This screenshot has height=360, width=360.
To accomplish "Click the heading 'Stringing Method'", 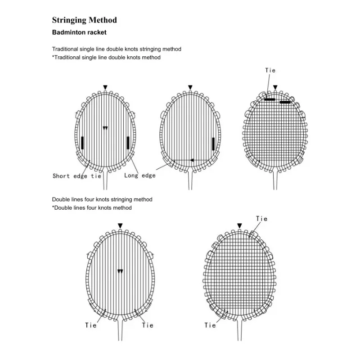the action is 85,20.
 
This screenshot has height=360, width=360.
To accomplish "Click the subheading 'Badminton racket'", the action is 79,32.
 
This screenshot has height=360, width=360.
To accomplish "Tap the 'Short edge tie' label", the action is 77,176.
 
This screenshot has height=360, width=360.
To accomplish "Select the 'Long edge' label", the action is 140,175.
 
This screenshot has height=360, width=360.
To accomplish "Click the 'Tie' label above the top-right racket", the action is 270,70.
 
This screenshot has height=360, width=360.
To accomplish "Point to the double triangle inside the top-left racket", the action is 105,128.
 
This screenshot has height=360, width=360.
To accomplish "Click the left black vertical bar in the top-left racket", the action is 82,143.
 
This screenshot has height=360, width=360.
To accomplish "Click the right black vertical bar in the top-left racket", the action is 128,143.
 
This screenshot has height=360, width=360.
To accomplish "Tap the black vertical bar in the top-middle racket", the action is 213,144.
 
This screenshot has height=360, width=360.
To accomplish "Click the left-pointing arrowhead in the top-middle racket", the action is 192,160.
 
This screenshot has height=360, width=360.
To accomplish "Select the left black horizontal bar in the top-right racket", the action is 270,99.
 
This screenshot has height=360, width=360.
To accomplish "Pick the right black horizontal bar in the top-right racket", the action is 285,102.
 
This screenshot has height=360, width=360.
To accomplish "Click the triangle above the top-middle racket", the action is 190,87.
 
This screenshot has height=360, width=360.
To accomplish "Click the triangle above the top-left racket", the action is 105,87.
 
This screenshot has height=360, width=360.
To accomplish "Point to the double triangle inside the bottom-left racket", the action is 120,271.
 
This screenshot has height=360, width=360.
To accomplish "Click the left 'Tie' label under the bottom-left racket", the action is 91,325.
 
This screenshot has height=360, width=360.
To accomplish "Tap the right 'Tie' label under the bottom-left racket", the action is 148,325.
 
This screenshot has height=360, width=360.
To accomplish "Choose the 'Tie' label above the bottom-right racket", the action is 262,219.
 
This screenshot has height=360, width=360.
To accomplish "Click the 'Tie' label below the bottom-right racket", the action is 210,325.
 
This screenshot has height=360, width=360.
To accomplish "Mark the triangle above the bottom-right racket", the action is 239,226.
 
